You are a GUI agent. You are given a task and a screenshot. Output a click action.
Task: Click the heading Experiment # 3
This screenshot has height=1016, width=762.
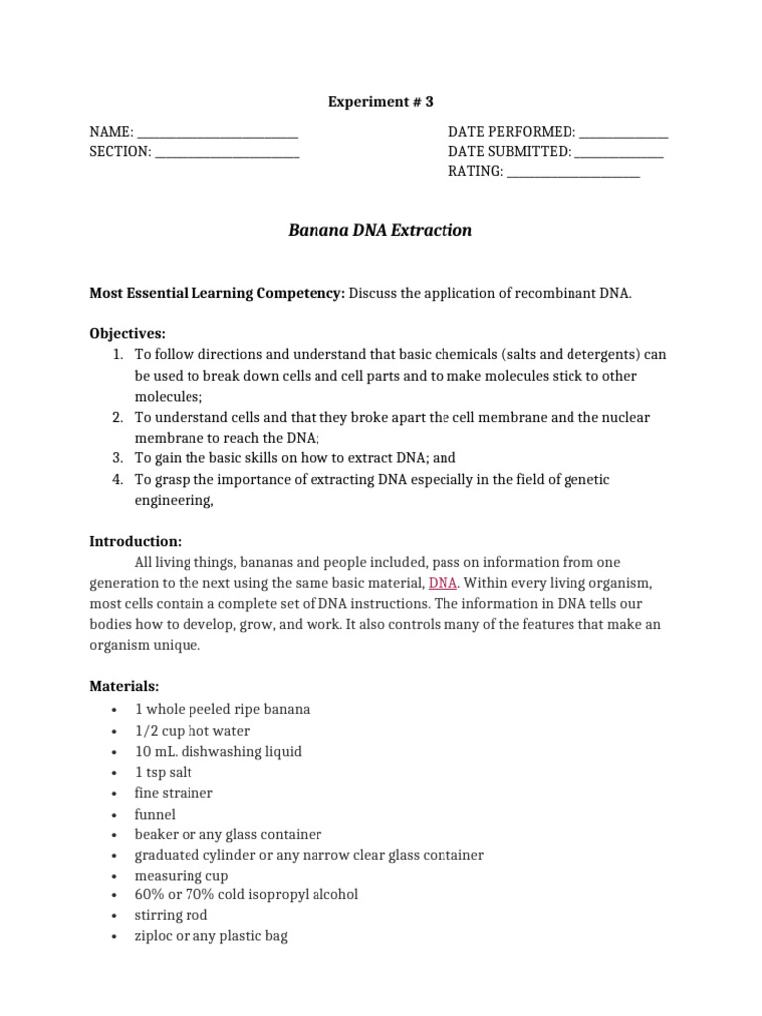pyautogui.click(x=381, y=101)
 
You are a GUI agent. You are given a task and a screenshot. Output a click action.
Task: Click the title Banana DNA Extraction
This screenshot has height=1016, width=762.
pyautogui.click(x=380, y=231)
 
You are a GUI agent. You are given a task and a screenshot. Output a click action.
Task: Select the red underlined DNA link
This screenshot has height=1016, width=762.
pyautogui.click(x=443, y=583)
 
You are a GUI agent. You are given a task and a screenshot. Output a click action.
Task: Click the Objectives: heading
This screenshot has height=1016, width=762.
pyautogui.click(x=128, y=334)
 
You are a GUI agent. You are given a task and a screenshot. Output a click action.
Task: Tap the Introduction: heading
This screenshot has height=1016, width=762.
pyautogui.click(x=136, y=542)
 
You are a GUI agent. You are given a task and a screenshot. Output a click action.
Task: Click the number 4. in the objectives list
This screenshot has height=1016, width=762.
pyautogui.click(x=117, y=480)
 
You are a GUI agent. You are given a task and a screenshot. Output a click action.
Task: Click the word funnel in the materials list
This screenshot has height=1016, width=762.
pyautogui.click(x=155, y=814)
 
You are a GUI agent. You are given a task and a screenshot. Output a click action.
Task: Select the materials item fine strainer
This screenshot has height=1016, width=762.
pyautogui.click(x=174, y=793)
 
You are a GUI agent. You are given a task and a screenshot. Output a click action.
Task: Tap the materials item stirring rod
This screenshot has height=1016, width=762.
pyautogui.click(x=172, y=915)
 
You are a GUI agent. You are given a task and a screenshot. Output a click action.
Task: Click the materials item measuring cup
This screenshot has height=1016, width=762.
pyautogui.click(x=182, y=876)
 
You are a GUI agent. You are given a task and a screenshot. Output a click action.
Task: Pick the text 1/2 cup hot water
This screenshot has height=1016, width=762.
pyautogui.click(x=192, y=731)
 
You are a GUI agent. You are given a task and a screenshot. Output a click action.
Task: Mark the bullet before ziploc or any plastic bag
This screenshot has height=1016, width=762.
pyautogui.click(x=116, y=936)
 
